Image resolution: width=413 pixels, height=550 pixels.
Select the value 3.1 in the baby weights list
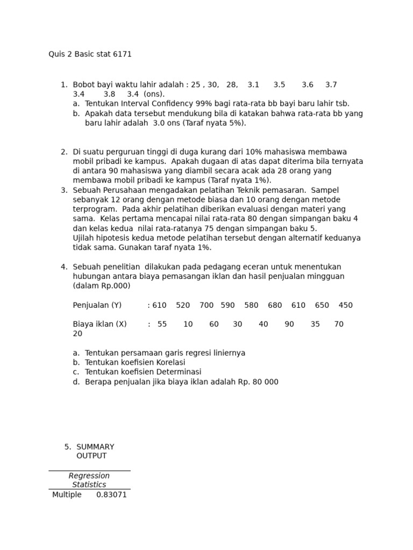click(x=253, y=85)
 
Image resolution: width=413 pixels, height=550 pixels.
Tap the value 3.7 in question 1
click(x=331, y=85)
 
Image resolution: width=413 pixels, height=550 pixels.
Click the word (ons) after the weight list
click(x=154, y=94)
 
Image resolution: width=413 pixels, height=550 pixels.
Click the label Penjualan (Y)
click(x=97, y=305)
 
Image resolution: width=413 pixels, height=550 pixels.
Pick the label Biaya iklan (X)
click(x=99, y=324)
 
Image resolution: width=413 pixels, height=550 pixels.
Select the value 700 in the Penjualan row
click(x=206, y=305)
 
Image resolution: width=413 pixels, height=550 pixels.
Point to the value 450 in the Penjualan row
click(x=346, y=305)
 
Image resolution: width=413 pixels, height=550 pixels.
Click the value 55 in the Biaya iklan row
click(x=162, y=324)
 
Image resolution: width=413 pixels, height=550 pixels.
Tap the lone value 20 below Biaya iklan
click(x=78, y=334)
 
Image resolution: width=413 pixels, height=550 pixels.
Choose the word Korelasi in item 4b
click(x=166, y=363)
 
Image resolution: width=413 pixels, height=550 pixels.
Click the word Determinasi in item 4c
click(x=177, y=372)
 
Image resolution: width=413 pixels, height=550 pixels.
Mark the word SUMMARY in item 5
click(x=95, y=447)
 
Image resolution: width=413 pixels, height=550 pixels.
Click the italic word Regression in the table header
click(x=89, y=476)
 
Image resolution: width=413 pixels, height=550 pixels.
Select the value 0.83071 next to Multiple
click(x=111, y=495)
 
